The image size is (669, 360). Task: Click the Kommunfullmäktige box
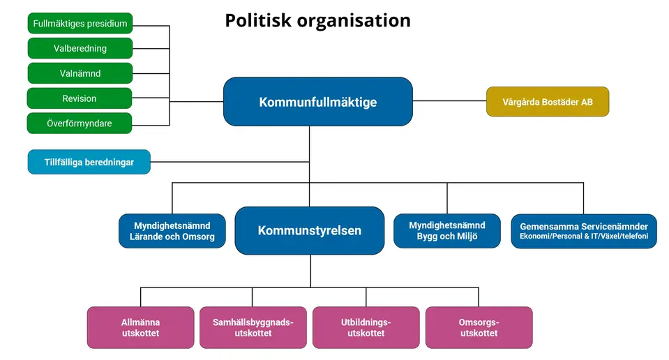pyautogui.click(x=317, y=102)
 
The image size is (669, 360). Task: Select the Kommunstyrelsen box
pyautogui.click(x=310, y=230)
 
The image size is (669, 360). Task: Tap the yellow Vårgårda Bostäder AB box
pyautogui.click(x=548, y=102)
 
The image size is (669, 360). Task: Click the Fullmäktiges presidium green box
pyautogui.click(x=80, y=23)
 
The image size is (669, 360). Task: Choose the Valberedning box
pyautogui.click(x=80, y=48)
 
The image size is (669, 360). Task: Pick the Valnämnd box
pyautogui.click(x=80, y=73)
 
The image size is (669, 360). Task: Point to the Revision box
pyautogui.click(x=80, y=98)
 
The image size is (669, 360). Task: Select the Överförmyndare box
pyautogui.click(x=80, y=123)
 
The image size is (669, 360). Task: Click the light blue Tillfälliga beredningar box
pyautogui.click(x=89, y=162)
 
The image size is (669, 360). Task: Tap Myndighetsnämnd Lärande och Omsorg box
pyautogui.click(x=172, y=231)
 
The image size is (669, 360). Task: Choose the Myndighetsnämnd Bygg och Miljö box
pyautogui.click(x=447, y=231)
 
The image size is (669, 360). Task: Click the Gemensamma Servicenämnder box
pyautogui.click(x=584, y=231)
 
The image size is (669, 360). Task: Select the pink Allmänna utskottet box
pyautogui.click(x=140, y=327)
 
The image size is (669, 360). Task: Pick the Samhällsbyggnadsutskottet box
pyautogui.click(x=253, y=327)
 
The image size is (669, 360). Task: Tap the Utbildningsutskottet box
pyautogui.click(x=366, y=327)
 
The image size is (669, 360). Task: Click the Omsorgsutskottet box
pyautogui.click(x=479, y=327)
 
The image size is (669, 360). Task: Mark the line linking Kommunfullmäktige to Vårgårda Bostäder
pyautogui.click(x=449, y=101)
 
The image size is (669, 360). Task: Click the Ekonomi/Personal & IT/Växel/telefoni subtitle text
pyautogui.click(x=584, y=237)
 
